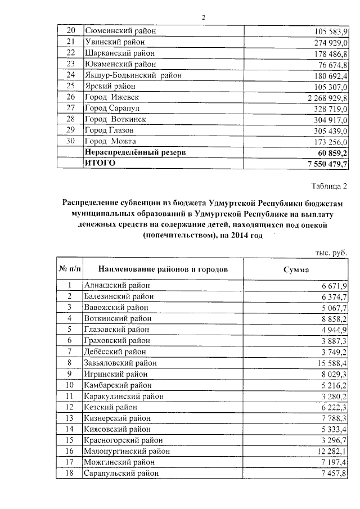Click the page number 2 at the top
click(x=204, y=17)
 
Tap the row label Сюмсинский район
click(x=120, y=31)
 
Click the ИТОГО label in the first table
click(x=100, y=163)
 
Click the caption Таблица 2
click(x=328, y=186)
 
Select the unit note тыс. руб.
click(x=331, y=253)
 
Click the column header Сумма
click(x=296, y=270)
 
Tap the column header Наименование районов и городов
click(x=163, y=270)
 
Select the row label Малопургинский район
click(x=125, y=451)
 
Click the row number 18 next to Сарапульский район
click(x=70, y=474)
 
